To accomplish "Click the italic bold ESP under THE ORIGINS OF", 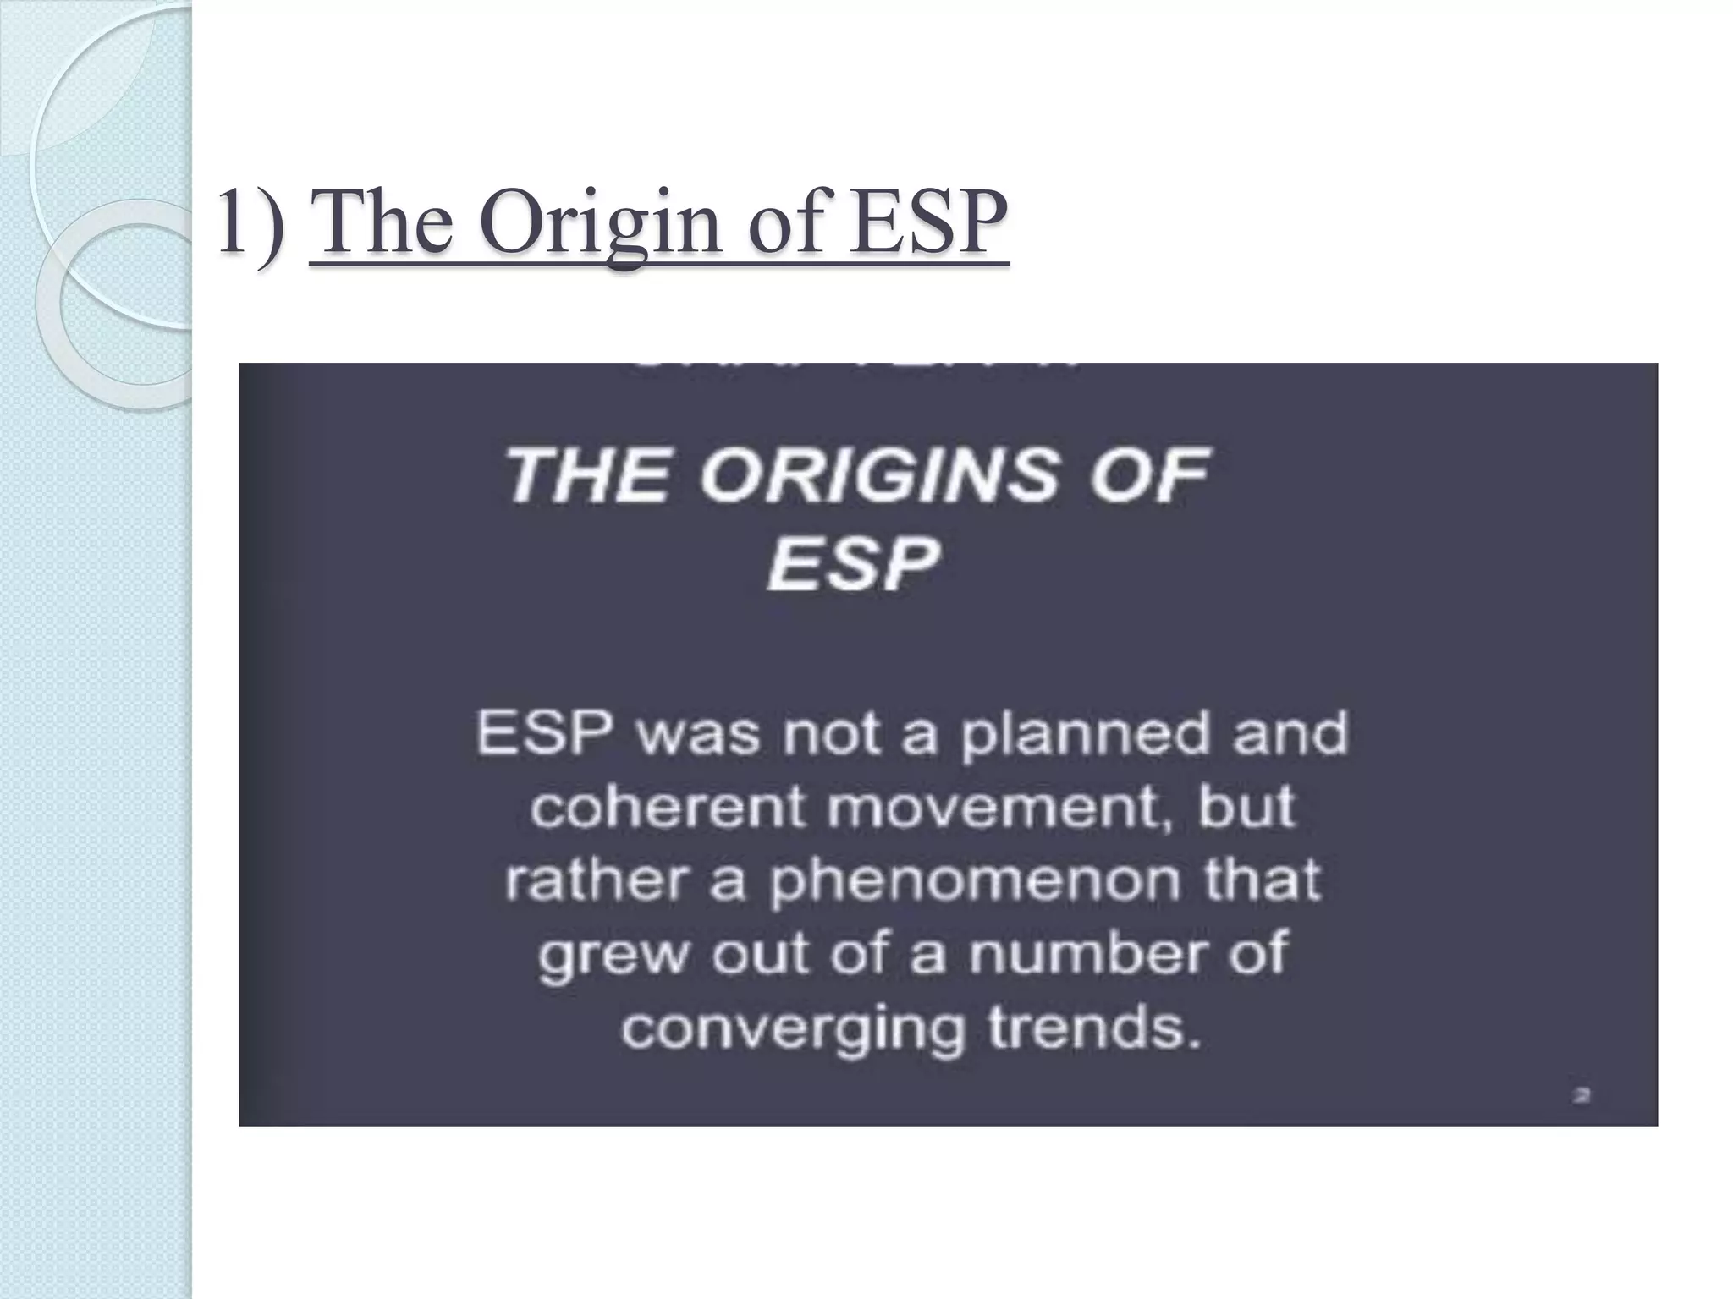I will tap(853, 564).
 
